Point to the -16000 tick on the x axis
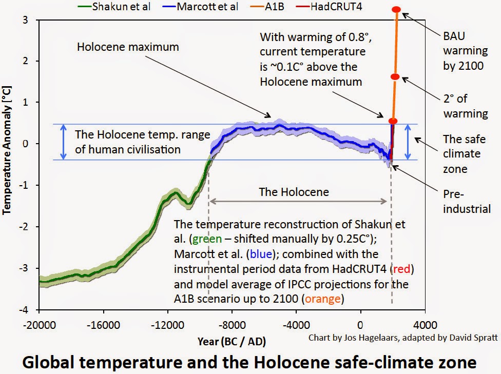point(103,324)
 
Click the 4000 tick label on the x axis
point(425,324)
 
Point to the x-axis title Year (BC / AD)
point(232,341)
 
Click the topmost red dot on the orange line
point(396,10)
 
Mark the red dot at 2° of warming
point(394,77)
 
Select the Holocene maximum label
point(128,47)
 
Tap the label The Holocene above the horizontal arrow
point(294,192)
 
